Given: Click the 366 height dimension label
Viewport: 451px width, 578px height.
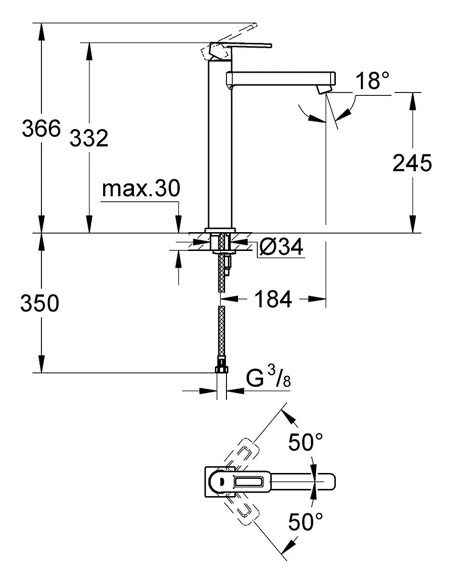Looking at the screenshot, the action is (x=41, y=129).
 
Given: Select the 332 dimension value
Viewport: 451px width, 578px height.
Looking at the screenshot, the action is (x=89, y=138).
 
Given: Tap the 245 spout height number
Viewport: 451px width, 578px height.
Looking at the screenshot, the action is (x=412, y=162).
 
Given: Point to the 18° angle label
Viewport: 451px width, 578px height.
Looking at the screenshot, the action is (x=372, y=80).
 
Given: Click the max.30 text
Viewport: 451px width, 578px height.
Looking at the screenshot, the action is (x=141, y=188).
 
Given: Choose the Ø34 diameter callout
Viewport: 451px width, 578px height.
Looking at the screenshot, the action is (x=281, y=247).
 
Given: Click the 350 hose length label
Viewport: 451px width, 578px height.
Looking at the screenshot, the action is (x=40, y=302).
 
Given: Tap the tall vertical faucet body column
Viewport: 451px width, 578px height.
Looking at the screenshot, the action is (x=220, y=144).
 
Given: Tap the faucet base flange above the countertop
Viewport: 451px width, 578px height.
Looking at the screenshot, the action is (x=220, y=230).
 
